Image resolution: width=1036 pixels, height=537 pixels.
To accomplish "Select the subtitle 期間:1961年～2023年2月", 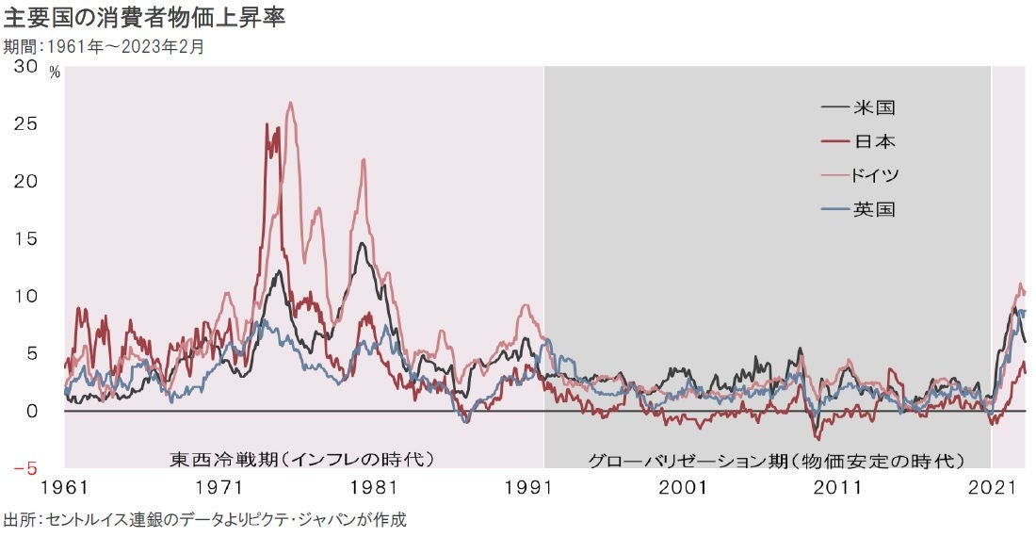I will click(104, 44).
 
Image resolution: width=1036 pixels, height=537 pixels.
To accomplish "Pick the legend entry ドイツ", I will click(877, 175).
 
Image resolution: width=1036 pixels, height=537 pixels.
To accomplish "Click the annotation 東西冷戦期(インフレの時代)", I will click(301, 460).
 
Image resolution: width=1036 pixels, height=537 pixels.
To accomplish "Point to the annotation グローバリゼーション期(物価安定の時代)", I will click(776, 461).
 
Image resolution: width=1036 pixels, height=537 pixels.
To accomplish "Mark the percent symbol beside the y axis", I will click(54, 73).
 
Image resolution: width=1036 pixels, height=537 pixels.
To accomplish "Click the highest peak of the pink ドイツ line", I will click(290, 103).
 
